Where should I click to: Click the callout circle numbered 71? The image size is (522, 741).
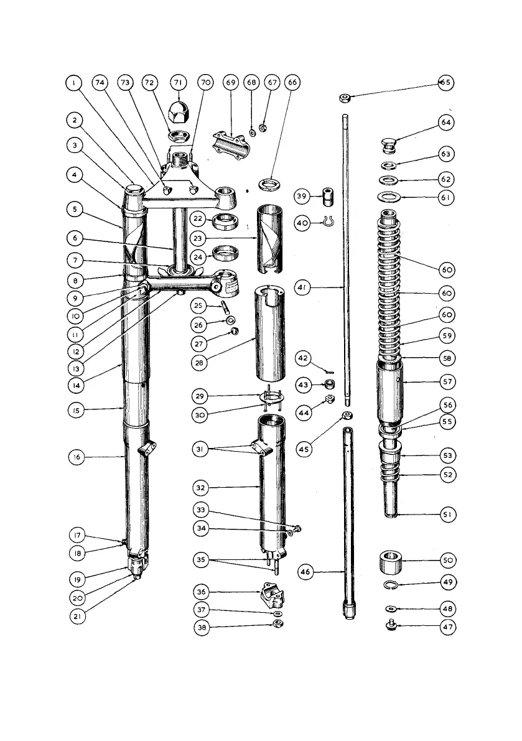tap(179, 83)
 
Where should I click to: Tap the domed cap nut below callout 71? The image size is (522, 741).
tap(179, 111)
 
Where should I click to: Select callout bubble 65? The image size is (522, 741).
tap(446, 83)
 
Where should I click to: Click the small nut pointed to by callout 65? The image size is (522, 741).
tap(343, 98)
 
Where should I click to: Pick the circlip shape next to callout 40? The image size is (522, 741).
tap(330, 221)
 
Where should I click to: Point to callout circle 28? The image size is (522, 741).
tap(199, 363)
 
